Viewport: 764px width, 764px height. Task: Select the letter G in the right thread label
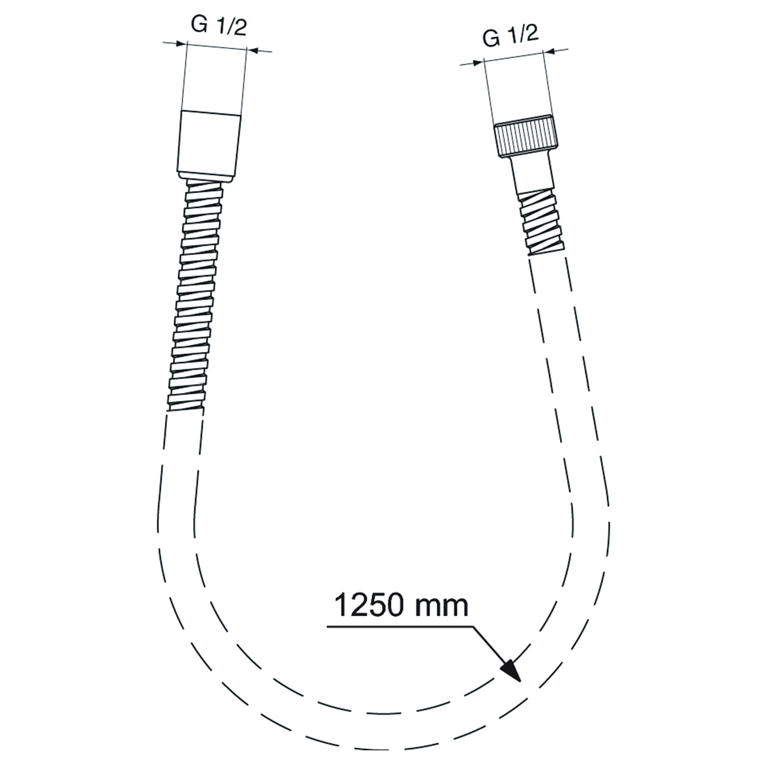491,39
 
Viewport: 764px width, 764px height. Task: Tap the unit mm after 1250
445,606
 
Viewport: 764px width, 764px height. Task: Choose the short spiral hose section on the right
540,222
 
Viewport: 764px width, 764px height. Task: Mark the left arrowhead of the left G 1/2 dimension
181,44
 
